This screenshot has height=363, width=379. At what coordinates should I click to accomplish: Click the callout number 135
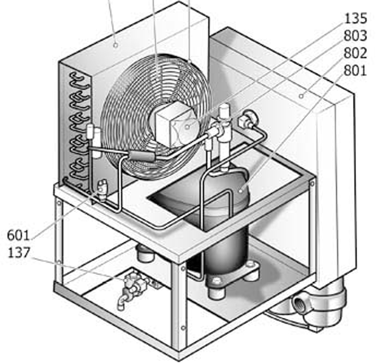pos(356,19)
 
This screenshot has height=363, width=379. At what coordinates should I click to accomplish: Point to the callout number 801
pos(356,70)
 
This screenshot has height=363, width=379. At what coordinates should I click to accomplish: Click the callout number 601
pos(19,236)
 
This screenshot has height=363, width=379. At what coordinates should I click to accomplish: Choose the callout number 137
pos(19,253)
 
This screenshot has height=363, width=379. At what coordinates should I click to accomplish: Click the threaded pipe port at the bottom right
pos(299,303)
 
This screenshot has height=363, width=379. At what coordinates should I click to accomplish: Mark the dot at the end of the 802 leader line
pos(301,96)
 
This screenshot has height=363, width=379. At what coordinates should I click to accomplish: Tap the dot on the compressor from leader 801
pos(240,190)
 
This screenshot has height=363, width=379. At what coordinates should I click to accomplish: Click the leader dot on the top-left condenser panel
pos(116,45)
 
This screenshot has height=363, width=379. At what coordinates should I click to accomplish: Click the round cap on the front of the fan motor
pos(185,128)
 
